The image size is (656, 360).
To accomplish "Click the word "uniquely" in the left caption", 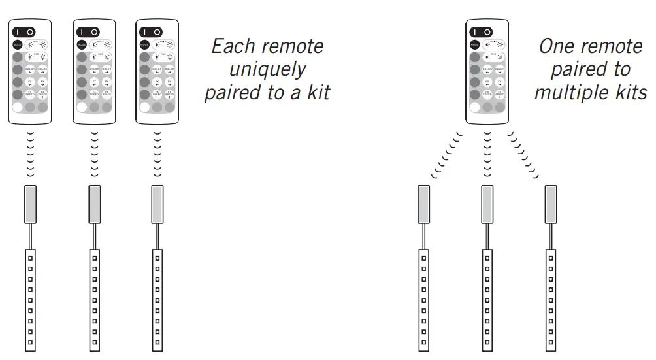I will click(267, 69).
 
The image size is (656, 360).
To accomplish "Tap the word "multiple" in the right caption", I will click(568, 92).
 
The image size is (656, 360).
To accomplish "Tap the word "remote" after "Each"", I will click(294, 46).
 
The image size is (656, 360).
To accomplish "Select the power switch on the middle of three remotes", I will click(88, 31).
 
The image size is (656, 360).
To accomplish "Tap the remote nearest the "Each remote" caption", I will click(156, 71).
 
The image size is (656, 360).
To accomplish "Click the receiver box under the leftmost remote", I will click(31, 205).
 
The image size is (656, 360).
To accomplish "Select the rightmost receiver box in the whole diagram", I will click(551, 205).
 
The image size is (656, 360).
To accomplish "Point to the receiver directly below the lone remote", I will click(487, 205).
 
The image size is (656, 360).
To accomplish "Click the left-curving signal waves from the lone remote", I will click(447, 155).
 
